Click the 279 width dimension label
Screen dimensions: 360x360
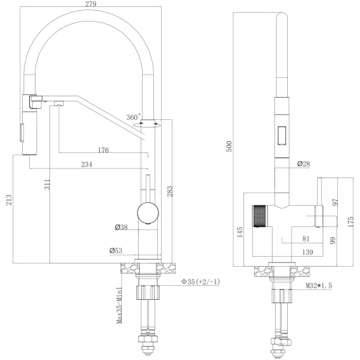coord(91,4)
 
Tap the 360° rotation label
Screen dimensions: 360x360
coord(133,117)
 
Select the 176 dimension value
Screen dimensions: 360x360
coord(103,150)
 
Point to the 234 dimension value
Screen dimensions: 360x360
coord(87,164)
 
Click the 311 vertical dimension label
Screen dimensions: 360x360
coord(47,184)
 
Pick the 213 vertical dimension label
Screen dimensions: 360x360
coord(9,200)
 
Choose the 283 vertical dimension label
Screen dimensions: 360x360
coord(169,191)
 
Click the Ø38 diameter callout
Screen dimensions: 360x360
coord(121,228)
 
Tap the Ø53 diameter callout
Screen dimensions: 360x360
coord(116,250)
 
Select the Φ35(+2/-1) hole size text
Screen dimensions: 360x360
coord(200,281)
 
